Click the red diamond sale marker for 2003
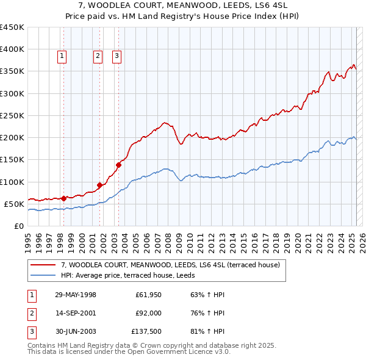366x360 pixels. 119,164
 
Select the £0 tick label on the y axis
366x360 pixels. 18,226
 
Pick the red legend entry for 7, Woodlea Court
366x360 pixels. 170,265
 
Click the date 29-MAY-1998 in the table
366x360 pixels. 76,295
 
